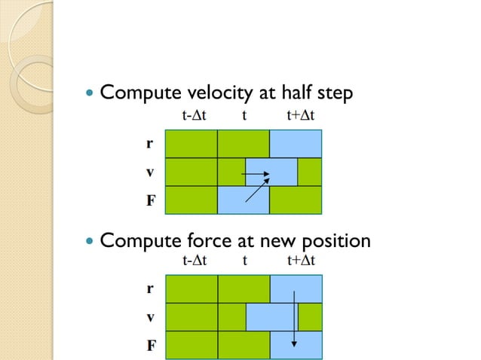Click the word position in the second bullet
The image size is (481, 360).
tap(335, 242)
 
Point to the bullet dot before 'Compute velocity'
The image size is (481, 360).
tap(90, 95)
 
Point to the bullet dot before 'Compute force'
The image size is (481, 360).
tap(90, 243)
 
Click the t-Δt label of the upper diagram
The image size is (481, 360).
tap(195, 116)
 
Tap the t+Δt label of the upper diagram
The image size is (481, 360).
tap(301, 116)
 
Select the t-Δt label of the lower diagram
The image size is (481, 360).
tap(195, 261)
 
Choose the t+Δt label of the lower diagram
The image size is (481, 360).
tap(301, 261)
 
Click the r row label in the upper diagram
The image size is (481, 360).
tap(150, 143)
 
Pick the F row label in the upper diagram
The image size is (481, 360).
tap(150, 201)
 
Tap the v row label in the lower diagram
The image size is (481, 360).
tap(150, 318)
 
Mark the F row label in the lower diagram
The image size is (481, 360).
tap(150, 346)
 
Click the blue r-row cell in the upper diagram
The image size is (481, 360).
tap(296, 143)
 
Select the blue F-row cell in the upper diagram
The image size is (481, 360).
tap(243, 200)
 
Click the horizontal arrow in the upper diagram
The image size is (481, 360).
tap(256, 176)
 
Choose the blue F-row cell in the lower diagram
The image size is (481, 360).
tap(296, 346)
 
